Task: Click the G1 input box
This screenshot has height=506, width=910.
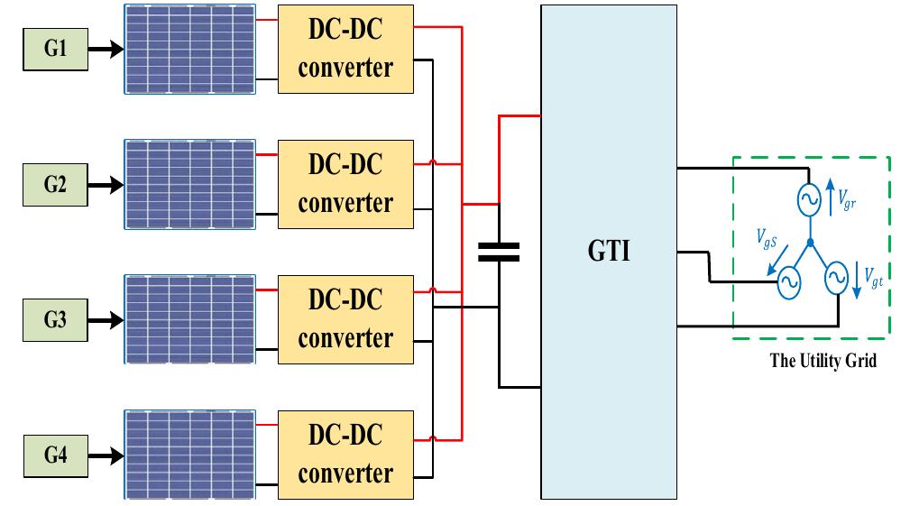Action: tap(55, 49)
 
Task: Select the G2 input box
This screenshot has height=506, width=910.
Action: tap(55, 185)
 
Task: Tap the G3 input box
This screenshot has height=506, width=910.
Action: tap(55, 319)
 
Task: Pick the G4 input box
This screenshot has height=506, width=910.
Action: tap(55, 455)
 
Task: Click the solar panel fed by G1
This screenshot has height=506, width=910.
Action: tap(189, 49)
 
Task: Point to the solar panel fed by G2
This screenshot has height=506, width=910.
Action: tap(189, 184)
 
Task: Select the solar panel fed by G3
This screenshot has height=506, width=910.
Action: tap(189, 319)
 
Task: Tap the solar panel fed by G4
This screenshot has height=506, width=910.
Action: tap(189, 455)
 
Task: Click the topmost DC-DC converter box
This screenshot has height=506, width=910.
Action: tap(345, 49)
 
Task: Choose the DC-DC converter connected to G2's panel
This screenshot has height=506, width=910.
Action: tap(345, 184)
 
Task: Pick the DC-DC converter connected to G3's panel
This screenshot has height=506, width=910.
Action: tap(345, 319)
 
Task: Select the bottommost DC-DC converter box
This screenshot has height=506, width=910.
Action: tap(345, 455)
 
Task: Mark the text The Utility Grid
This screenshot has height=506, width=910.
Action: tap(823, 361)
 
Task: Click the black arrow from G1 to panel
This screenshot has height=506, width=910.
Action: tap(106, 50)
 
